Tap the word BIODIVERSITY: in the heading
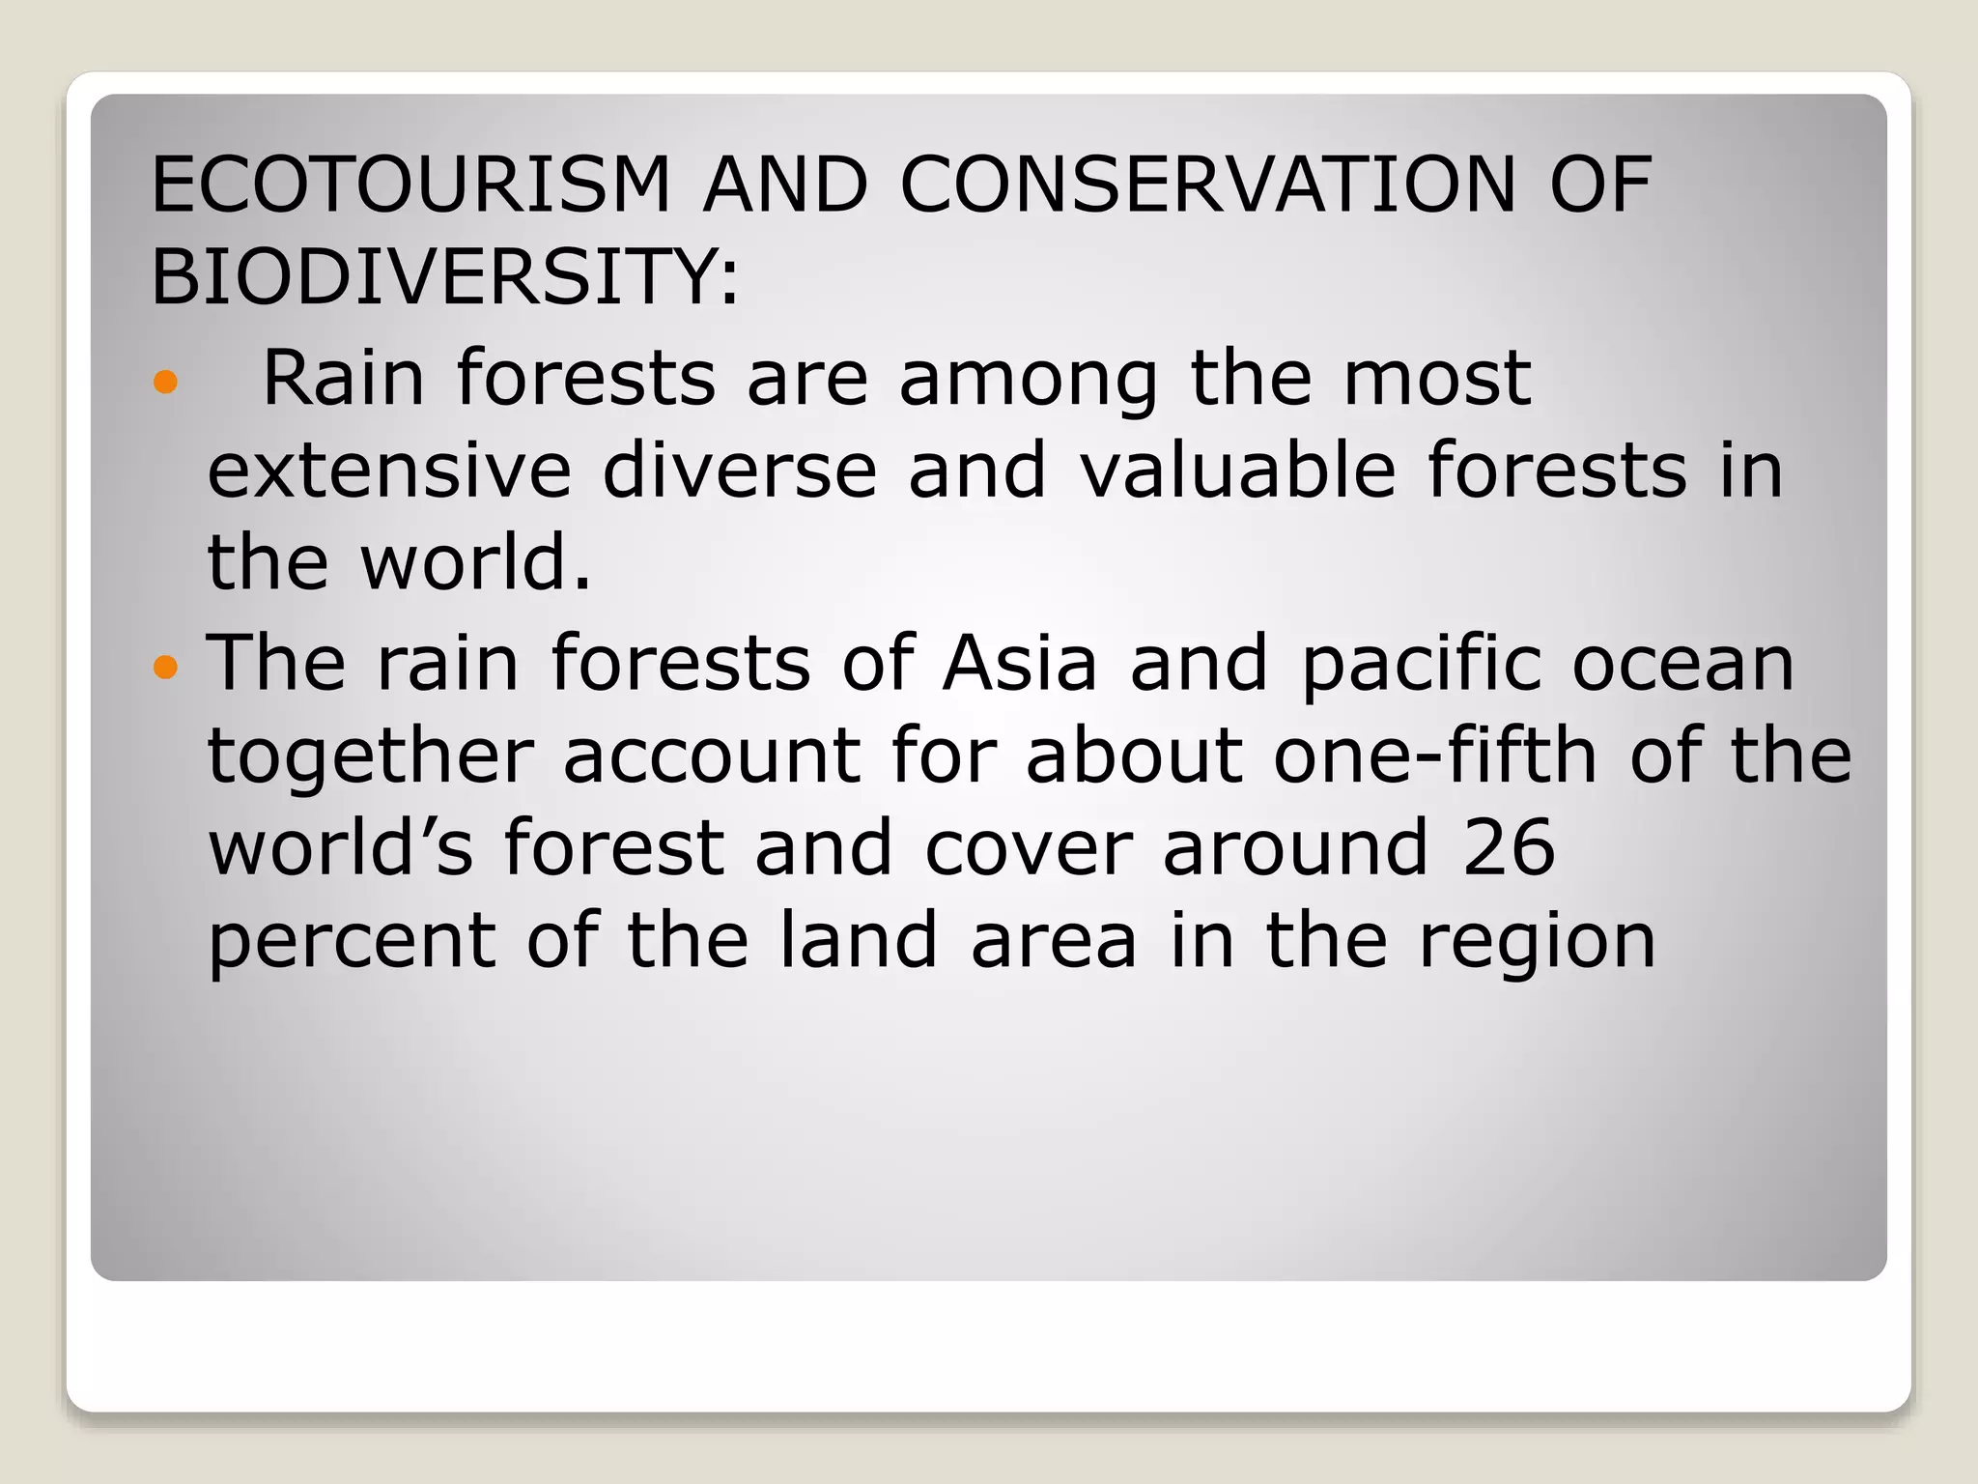[x=444, y=276]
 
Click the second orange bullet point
[x=166, y=667]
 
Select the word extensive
[x=389, y=470]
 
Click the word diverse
[x=739, y=470]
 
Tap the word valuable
[x=1236, y=470]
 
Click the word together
[x=370, y=758]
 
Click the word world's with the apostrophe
[x=340, y=847]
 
